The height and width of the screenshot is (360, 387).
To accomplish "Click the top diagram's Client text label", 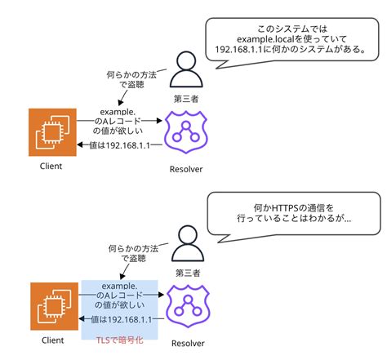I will coord(51,166).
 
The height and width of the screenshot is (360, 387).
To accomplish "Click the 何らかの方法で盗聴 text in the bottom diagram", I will coord(129,251).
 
